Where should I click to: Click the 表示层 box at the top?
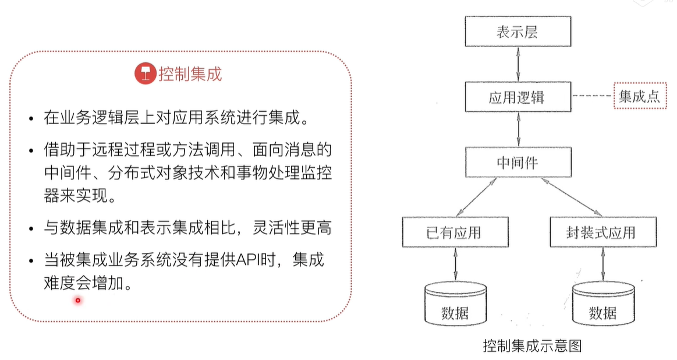click(x=518, y=31)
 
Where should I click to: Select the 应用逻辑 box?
click(x=518, y=97)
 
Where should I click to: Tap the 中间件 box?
click(x=518, y=162)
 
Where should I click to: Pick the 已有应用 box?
click(x=455, y=232)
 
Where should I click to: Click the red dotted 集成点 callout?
click(x=639, y=97)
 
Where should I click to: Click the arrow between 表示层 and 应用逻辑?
click(x=518, y=64)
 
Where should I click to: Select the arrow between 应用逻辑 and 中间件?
click(x=518, y=129)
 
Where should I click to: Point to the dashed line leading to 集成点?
click(x=593, y=97)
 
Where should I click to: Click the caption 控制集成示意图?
click(x=532, y=345)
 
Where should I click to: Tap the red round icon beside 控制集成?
click(x=144, y=74)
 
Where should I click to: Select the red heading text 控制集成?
click(x=190, y=75)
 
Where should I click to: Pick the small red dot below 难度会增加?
click(x=77, y=301)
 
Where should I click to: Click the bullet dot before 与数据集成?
click(x=31, y=229)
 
